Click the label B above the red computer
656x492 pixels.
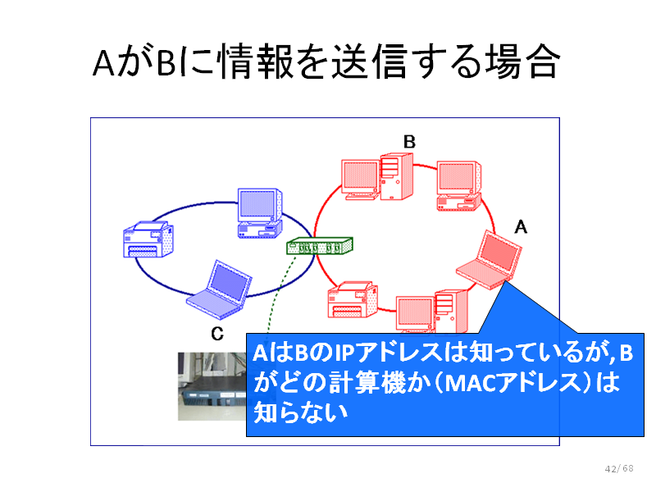pyautogui.click(x=409, y=142)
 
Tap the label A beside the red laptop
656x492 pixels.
pyautogui.click(x=521, y=227)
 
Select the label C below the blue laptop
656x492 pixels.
pyautogui.click(x=217, y=334)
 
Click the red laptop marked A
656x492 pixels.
pyautogui.click(x=489, y=260)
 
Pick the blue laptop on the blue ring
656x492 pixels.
pyautogui.click(x=219, y=290)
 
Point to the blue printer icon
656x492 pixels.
pyautogui.click(x=148, y=239)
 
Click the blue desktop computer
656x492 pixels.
pyautogui.click(x=260, y=213)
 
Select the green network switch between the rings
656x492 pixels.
pyautogui.click(x=320, y=246)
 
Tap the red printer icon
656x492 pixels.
pyautogui.click(x=353, y=299)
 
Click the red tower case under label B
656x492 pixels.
pyautogui.click(x=397, y=176)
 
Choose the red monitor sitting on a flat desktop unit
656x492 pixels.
pyautogui.click(x=459, y=186)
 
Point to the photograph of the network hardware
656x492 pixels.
pyautogui.click(x=212, y=386)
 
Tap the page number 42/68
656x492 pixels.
pyautogui.click(x=619, y=468)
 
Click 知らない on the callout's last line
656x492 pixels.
pyautogui.click(x=300, y=412)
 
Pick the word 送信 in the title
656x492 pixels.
pyautogui.click(x=369, y=61)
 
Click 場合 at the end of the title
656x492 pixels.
pyautogui.click(x=522, y=61)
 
